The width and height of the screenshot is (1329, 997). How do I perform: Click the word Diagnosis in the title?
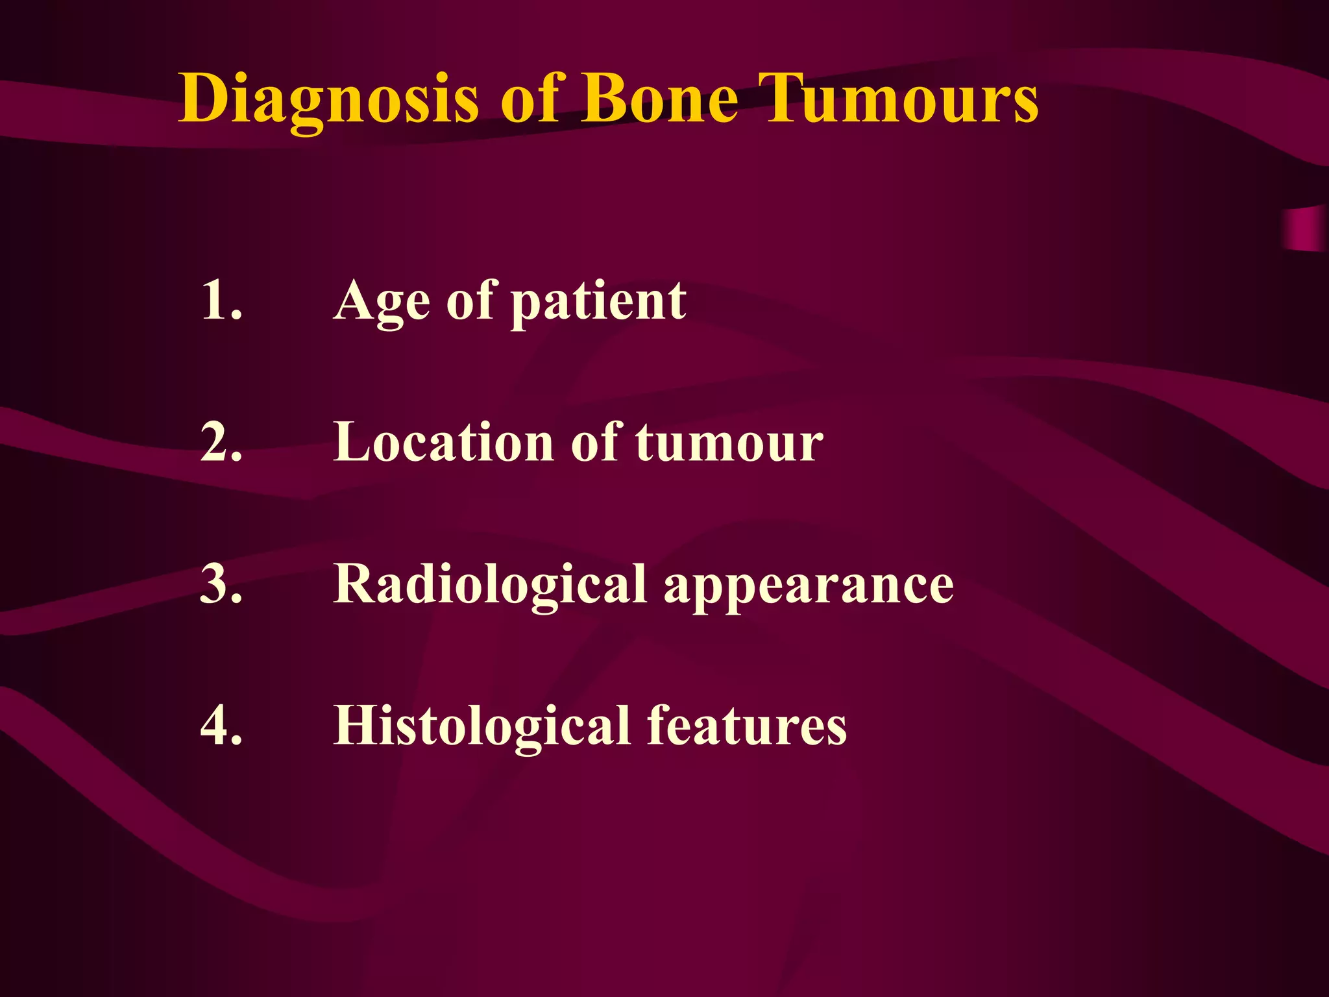pyautogui.click(x=328, y=99)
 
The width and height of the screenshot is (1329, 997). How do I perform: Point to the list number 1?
pyautogui.click(x=221, y=300)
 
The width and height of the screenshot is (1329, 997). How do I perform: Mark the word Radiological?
pyautogui.click(x=490, y=584)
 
